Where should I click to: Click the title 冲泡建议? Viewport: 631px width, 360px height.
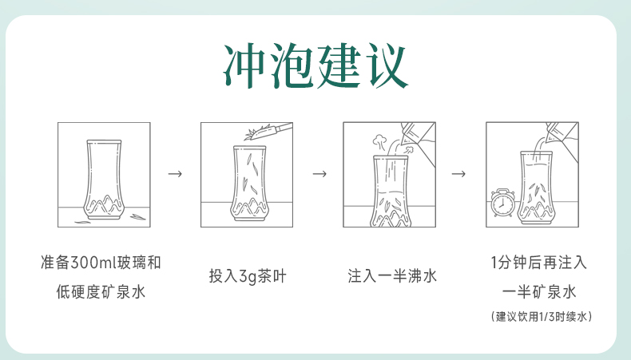(315, 66)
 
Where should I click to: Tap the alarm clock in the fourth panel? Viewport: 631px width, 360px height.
(502, 201)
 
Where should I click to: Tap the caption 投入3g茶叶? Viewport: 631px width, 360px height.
(247, 277)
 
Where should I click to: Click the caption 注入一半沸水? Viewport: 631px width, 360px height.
(391, 277)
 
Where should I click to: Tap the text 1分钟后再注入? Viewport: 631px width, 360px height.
(538, 263)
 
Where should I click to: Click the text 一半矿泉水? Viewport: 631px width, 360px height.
(538, 291)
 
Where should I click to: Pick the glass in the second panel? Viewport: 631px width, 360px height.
(247, 184)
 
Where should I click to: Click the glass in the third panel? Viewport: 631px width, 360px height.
(390, 192)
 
